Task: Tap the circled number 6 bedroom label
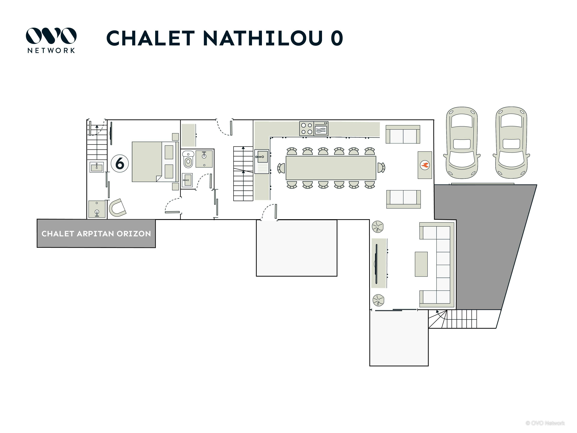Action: click(x=120, y=163)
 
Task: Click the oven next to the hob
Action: click(x=321, y=128)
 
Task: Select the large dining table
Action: click(x=331, y=168)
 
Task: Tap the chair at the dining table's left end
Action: click(x=281, y=168)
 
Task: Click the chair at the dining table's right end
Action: click(x=381, y=168)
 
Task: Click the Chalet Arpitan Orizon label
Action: click(x=96, y=234)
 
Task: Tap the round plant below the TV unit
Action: click(x=378, y=300)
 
